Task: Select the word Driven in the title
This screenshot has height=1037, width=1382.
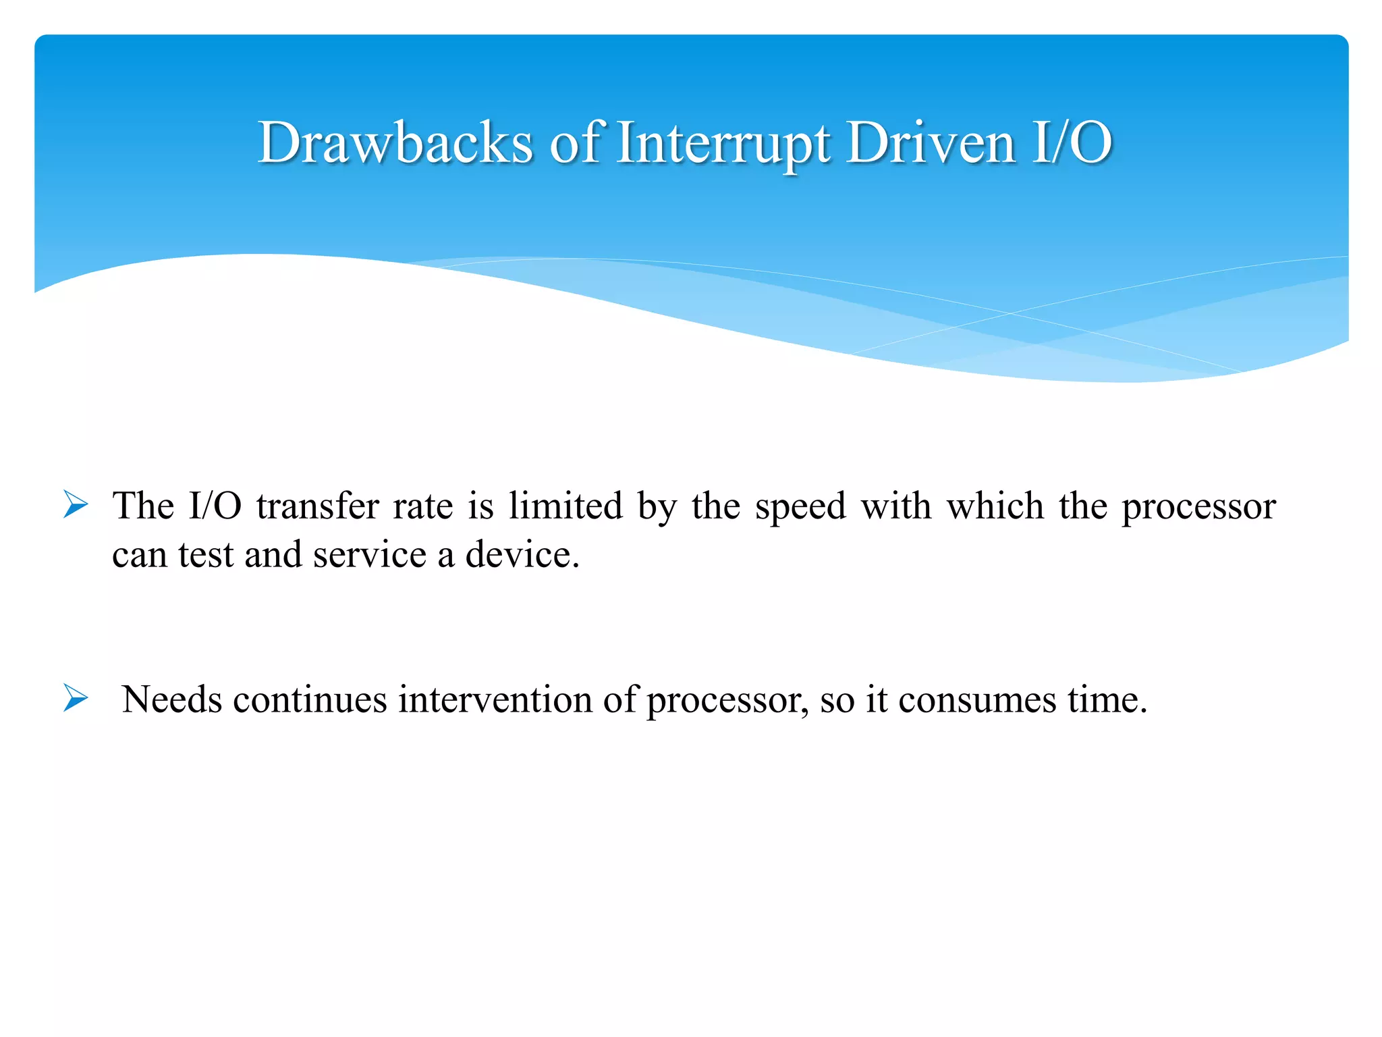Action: coord(931,142)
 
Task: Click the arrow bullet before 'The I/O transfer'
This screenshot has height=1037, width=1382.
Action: coord(76,505)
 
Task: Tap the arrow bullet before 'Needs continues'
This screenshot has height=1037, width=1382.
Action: coord(76,698)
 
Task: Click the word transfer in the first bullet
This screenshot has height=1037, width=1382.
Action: coord(318,506)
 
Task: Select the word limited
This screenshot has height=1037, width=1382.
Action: coord(565,506)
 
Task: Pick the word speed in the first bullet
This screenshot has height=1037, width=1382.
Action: coord(800,507)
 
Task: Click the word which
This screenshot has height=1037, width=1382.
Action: coord(995,506)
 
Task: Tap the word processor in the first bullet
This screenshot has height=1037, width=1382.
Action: coord(1198,507)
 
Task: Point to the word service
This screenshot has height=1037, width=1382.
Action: coord(370,555)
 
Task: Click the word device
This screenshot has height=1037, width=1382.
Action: coord(521,555)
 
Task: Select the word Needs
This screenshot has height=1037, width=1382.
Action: coord(172,699)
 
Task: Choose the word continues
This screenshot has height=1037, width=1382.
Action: coord(310,699)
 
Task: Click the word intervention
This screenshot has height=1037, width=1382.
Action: coord(495,699)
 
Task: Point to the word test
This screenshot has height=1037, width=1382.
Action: coord(206,556)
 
